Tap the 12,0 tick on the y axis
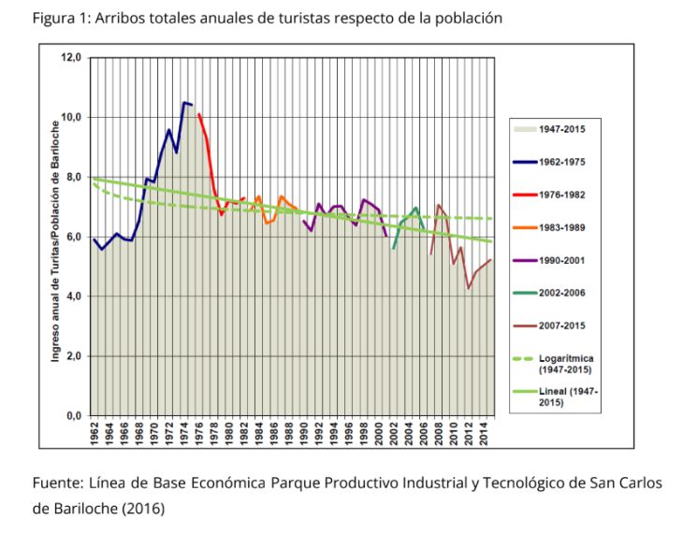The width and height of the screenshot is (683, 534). (72, 57)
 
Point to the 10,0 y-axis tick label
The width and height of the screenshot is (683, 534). (72, 117)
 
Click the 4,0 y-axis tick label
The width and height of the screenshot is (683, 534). (75, 296)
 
